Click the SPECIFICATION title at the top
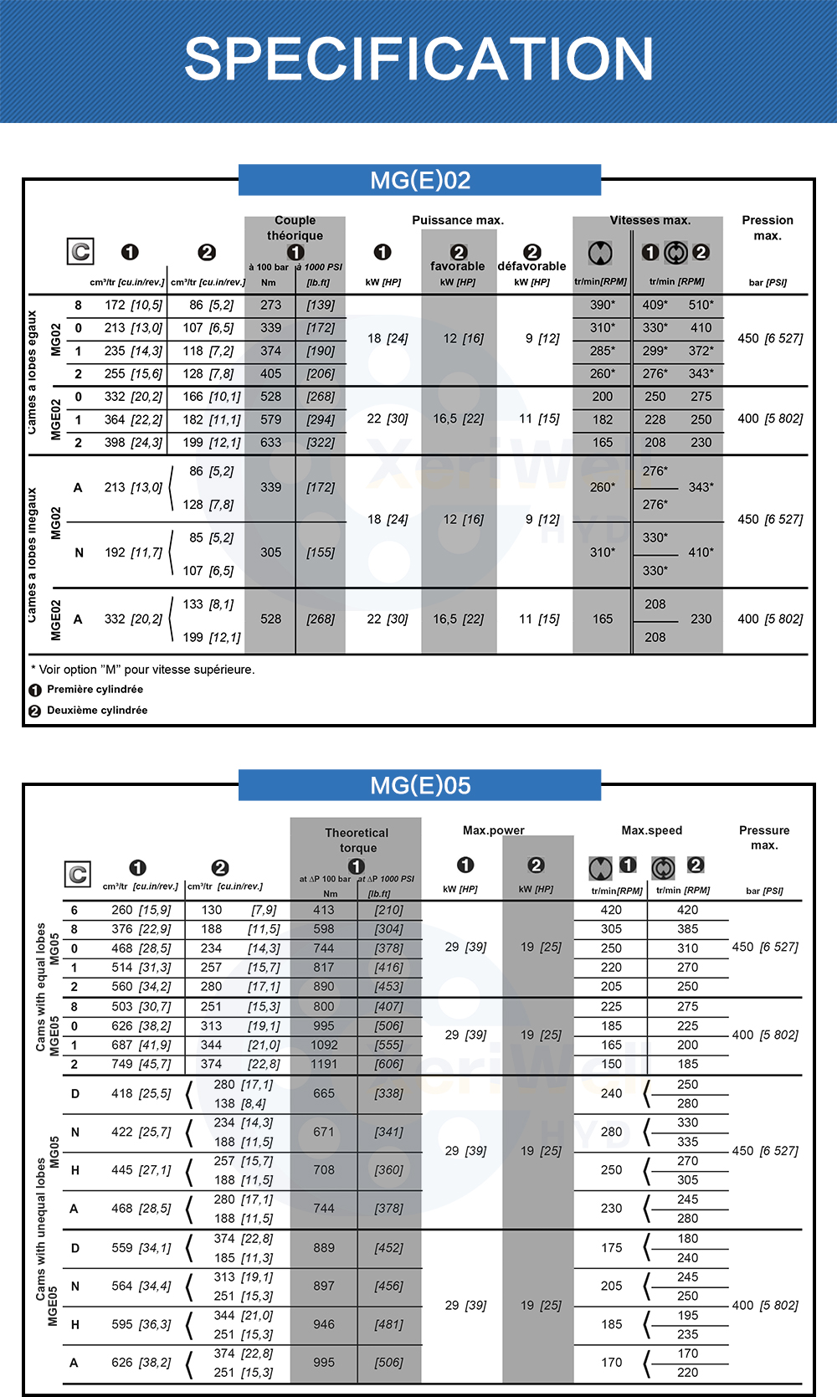(418, 59)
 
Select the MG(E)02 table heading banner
(420, 180)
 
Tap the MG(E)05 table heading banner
(420, 785)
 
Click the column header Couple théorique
(295, 228)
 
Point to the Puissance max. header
(458, 220)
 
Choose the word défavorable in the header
(531, 266)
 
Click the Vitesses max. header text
(650, 220)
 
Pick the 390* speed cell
(602, 305)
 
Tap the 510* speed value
(701, 305)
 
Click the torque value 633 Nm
(270, 442)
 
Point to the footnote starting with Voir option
(143, 670)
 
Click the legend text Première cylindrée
(95, 689)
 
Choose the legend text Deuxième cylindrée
(97, 710)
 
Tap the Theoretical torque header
(357, 840)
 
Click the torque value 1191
(324, 1064)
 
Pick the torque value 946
(324, 1324)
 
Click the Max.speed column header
(651, 830)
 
